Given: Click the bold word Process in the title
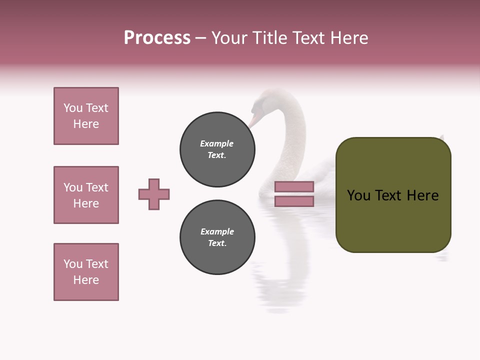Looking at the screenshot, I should (157, 38).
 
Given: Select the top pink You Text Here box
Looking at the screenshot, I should (86, 116).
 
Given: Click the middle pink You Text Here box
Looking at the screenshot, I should (86, 195).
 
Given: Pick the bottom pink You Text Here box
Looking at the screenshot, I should (86, 272).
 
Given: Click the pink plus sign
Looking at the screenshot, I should (154, 194).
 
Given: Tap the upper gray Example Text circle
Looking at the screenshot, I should (217, 149).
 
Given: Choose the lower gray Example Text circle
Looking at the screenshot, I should (217, 237).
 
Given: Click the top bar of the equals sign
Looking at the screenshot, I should (294, 186).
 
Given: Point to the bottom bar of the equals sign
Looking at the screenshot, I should (294, 201).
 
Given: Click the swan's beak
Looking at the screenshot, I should (254, 120).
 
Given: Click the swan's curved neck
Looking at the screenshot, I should (295, 135).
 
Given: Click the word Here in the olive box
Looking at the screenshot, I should (422, 195).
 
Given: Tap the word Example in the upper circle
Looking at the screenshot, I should (216, 143).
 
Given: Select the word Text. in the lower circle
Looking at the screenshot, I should (217, 243).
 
